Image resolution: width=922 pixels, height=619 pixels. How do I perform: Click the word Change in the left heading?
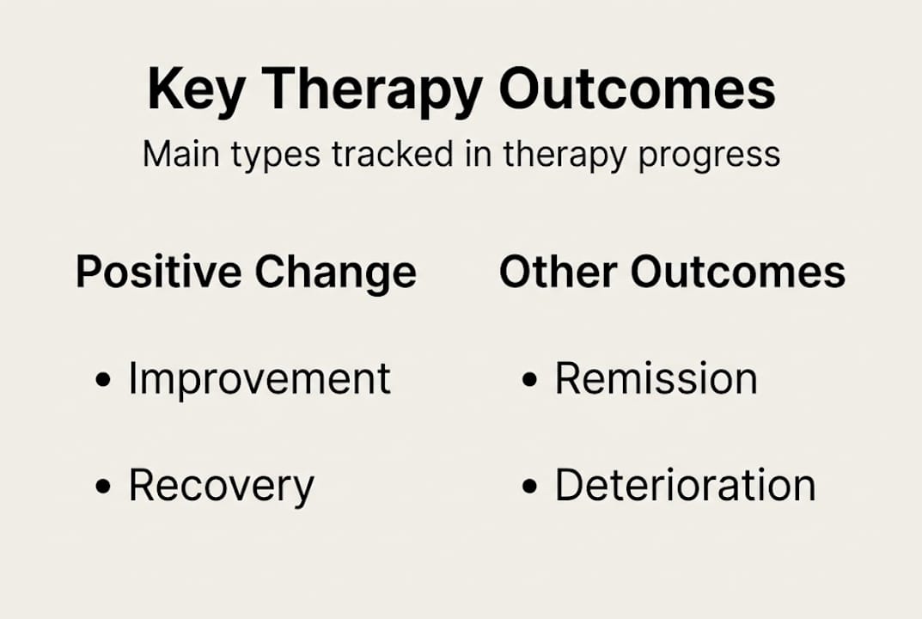click(x=336, y=273)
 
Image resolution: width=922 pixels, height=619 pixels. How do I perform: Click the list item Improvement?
click(x=260, y=379)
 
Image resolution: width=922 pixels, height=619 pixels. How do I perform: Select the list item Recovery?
click(x=222, y=487)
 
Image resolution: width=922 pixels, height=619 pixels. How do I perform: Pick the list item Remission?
click(x=656, y=379)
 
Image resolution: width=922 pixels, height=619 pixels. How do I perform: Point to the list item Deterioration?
click(x=685, y=486)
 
